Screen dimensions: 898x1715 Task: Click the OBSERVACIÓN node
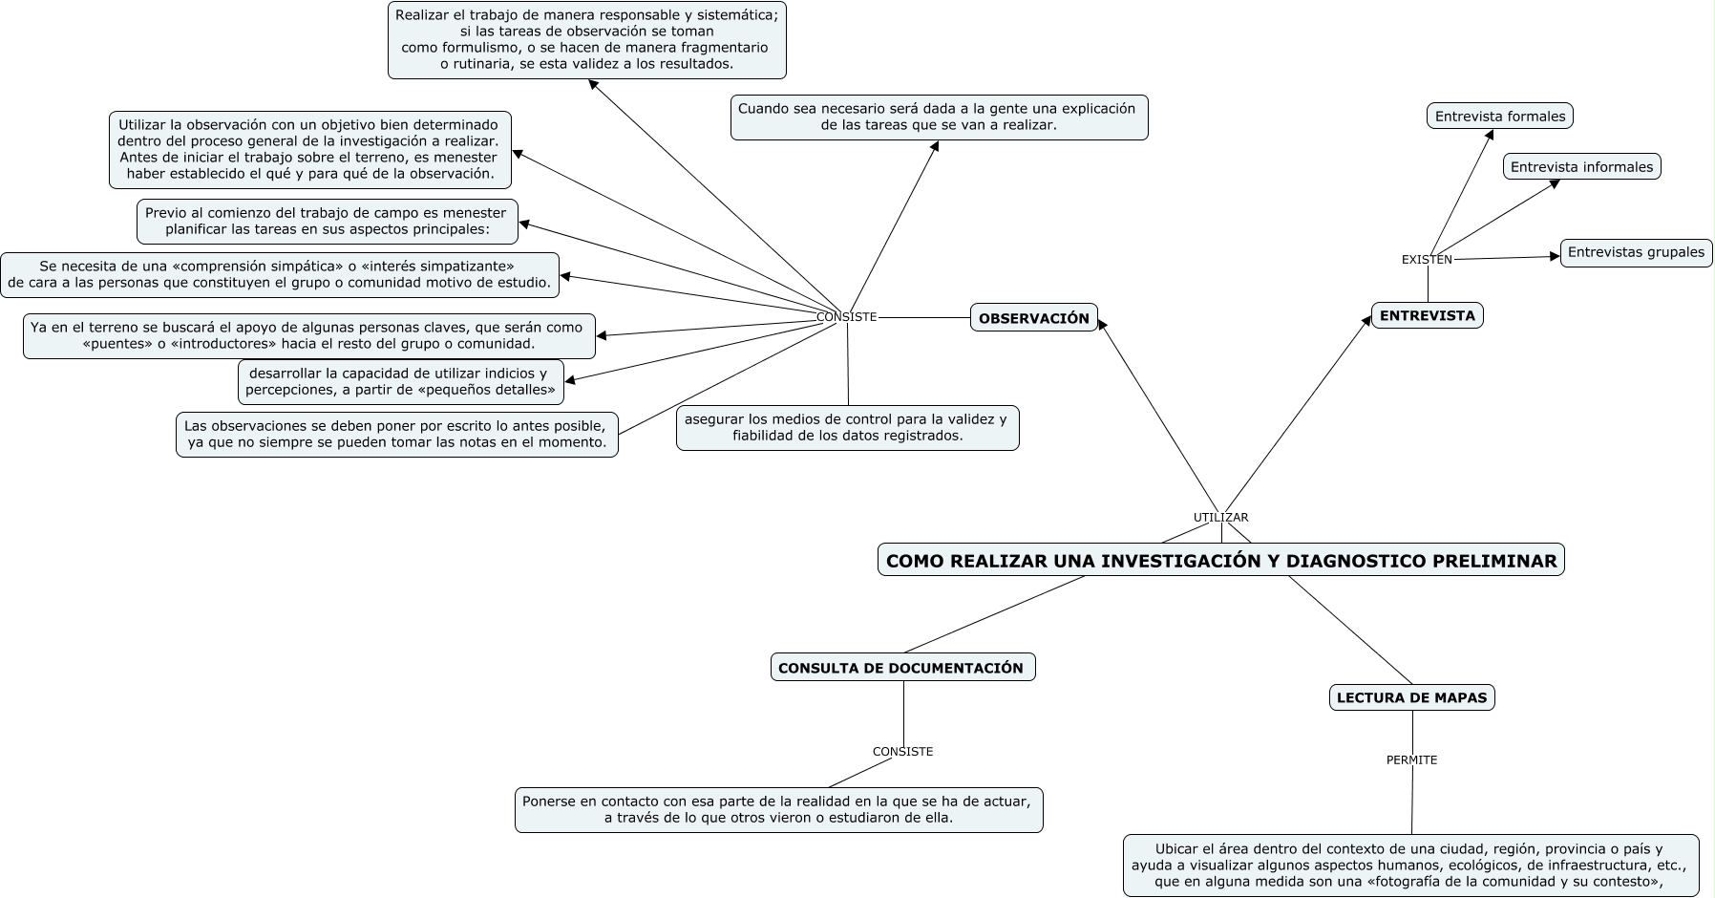(1033, 318)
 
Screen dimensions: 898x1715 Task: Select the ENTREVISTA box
(1427, 315)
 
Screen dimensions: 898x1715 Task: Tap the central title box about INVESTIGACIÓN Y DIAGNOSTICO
(1220, 561)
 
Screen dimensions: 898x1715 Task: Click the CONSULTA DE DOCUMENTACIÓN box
(901, 668)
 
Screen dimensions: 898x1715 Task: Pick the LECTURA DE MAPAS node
(1411, 697)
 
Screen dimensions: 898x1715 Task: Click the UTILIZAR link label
(1220, 518)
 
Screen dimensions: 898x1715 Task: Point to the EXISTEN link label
(1427, 260)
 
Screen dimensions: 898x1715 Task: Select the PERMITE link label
(1411, 760)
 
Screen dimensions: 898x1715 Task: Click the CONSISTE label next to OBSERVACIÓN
(846, 317)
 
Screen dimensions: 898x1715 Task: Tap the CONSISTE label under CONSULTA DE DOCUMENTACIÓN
(902, 752)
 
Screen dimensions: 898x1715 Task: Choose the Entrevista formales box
(1499, 117)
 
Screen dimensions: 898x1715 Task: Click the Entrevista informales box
(1581, 167)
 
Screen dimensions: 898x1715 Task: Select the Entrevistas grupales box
(1636, 252)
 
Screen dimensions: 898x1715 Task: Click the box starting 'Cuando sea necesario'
(938, 117)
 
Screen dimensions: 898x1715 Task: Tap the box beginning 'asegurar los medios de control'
(847, 427)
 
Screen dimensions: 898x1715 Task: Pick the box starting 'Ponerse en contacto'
(778, 809)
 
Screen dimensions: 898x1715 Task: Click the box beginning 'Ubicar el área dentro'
(1410, 865)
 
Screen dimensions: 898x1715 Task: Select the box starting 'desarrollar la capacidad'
(400, 381)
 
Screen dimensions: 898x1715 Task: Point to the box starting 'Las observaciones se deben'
(396, 434)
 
